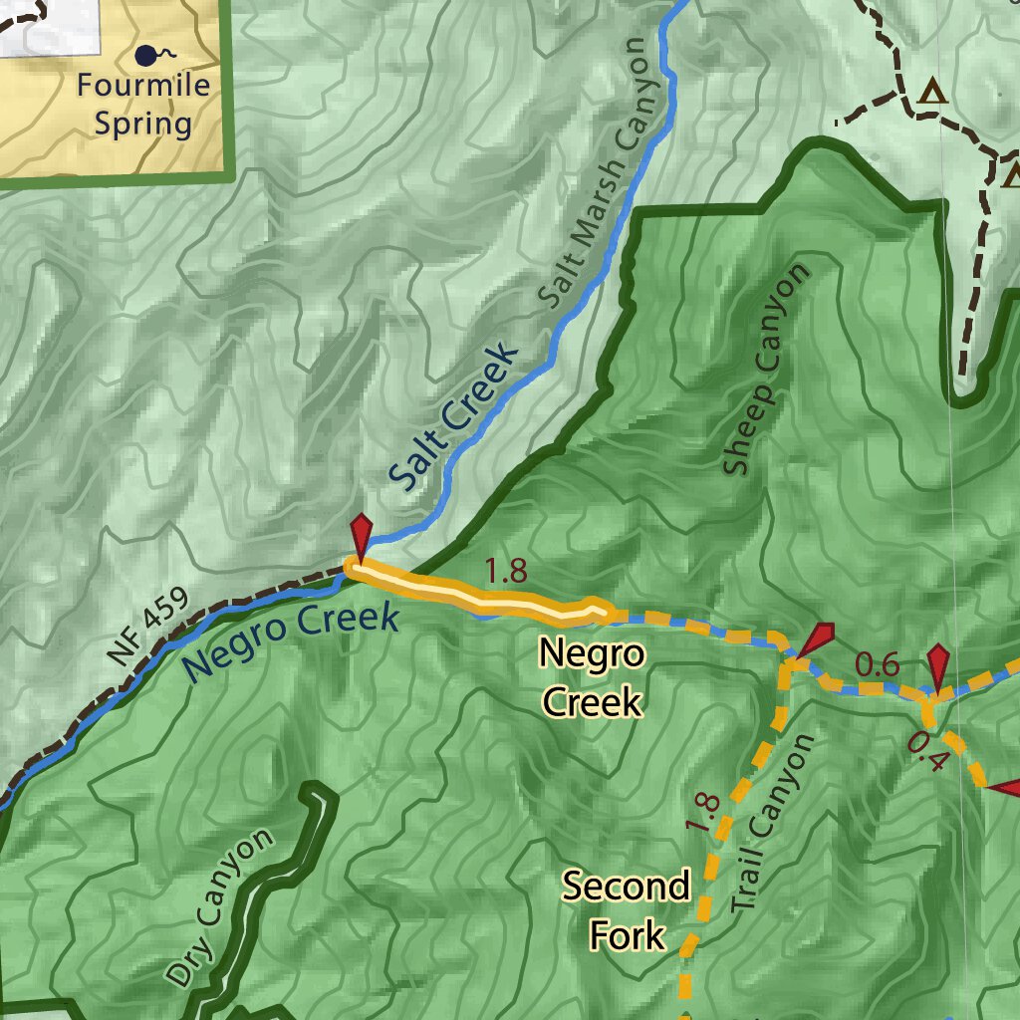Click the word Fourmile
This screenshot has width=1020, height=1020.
pos(144,85)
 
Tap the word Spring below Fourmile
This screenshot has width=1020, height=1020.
pos(143,125)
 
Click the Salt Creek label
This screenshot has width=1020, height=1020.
pos(453,418)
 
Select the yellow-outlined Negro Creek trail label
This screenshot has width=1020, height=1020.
pos(592,678)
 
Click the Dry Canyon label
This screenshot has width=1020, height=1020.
pos(219,907)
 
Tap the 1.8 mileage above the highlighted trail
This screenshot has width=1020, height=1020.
pos(505,571)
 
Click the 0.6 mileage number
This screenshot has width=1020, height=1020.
pos(877,664)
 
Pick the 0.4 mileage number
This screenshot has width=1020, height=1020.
pos(928,749)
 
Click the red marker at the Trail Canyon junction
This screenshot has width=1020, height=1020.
pos(818,638)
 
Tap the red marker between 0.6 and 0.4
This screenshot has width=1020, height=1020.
pos(938,663)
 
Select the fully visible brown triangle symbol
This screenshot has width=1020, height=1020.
pos(932,93)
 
